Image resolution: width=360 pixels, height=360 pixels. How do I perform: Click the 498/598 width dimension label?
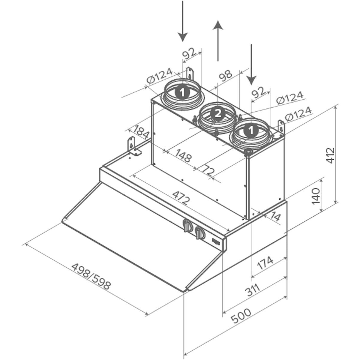click(91, 276)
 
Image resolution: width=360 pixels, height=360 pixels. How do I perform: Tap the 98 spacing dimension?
click(226, 76)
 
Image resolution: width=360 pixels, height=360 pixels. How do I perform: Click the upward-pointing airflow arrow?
click(218, 40)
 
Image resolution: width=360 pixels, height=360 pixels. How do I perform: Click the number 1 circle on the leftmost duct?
click(182, 92)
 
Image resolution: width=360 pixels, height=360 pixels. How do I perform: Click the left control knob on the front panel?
click(188, 226)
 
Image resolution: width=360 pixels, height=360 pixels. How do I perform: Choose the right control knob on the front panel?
click(200, 233)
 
